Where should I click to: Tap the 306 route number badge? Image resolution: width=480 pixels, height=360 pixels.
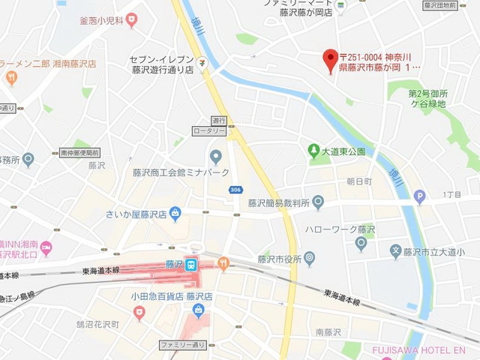pos(236,189)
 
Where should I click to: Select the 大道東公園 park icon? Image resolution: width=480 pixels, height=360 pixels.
pos(315,151)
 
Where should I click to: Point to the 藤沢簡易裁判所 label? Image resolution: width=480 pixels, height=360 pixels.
pos(279,202)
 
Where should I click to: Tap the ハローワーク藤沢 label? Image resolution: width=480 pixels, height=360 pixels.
pos(339,229)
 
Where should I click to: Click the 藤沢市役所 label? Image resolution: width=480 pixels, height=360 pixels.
pos(282,259)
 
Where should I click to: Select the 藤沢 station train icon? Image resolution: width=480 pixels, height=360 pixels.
pos(191,264)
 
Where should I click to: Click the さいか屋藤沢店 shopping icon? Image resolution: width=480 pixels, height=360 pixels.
pos(175,214)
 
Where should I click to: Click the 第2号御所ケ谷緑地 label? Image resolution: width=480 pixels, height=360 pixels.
pos(427,99)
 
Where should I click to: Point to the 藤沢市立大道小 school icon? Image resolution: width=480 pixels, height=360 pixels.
pos(397,250)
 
